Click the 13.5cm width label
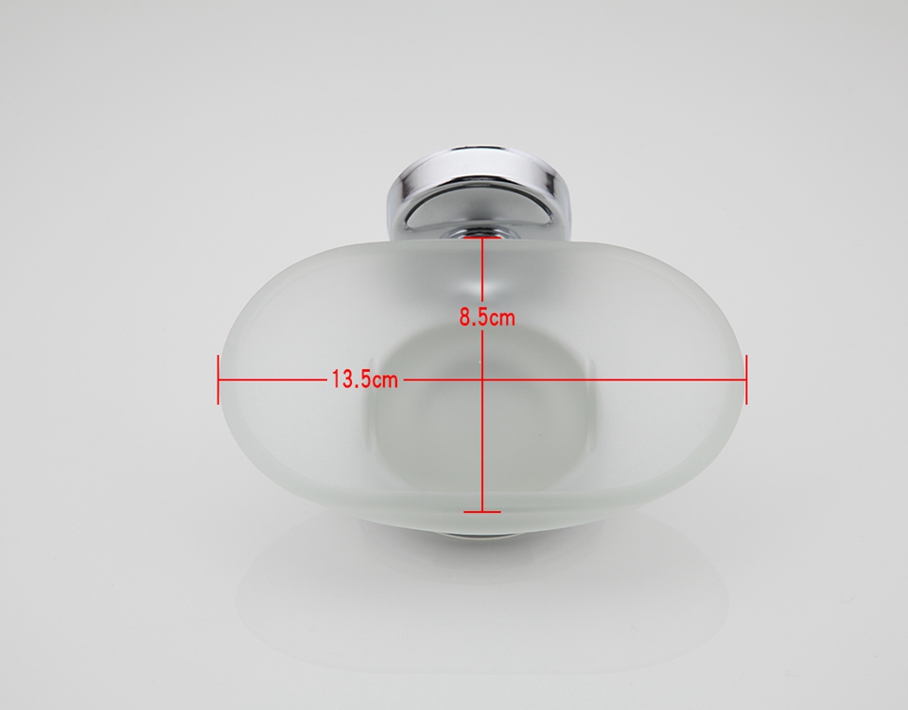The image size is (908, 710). (365, 380)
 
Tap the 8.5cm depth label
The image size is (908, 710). (487, 318)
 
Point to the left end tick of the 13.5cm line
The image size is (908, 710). (218, 380)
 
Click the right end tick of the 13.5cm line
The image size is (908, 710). (746, 380)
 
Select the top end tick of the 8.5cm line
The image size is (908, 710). (482, 237)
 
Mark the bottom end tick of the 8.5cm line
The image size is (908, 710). (482, 512)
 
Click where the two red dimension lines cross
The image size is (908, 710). (482, 380)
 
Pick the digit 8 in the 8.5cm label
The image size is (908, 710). (466, 318)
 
